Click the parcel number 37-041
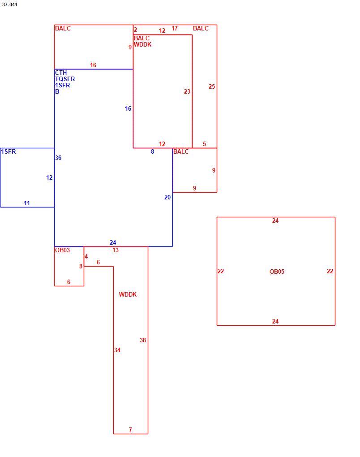coord(9,4)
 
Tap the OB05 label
coord(277,272)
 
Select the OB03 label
coord(62,250)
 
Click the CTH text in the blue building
coord(61,73)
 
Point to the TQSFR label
coord(65,79)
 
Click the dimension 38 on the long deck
coord(143,340)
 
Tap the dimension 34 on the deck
coord(117,350)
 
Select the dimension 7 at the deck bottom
coord(130,430)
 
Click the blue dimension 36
coord(58,158)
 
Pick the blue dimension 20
coord(167,197)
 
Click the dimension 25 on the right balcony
coord(212,86)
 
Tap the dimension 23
coord(187,91)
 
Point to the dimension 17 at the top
coord(175,28)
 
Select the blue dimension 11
coord(27,203)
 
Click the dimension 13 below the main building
coord(116,250)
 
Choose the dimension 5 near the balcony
coord(205,144)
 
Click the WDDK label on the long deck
coord(128,294)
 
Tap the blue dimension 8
coord(152,151)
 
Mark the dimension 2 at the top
coord(135,30)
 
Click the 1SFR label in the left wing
coord(9,151)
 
